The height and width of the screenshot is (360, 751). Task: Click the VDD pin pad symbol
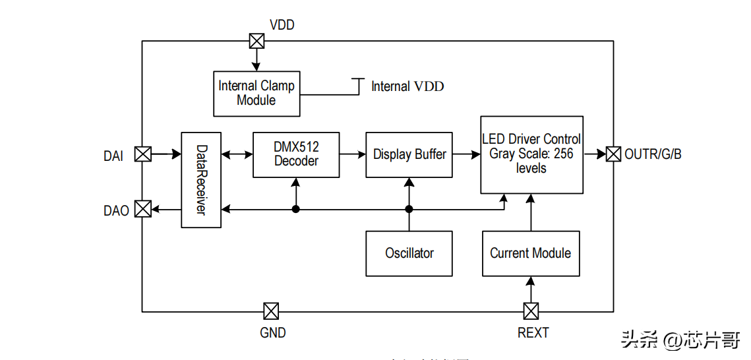(x=257, y=41)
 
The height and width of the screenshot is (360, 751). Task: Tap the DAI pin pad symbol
(x=142, y=154)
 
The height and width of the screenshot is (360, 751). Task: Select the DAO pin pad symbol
(x=142, y=209)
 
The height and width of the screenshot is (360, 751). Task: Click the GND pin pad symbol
(x=270, y=311)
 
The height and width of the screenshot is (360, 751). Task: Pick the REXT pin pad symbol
(x=531, y=311)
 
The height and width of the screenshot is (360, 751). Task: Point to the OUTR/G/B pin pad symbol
(x=613, y=154)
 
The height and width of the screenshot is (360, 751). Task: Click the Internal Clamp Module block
(x=256, y=93)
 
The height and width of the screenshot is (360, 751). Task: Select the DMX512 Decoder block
(x=296, y=154)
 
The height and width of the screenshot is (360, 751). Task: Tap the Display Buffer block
(x=409, y=154)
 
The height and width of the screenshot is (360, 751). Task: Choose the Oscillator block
(x=409, y=253)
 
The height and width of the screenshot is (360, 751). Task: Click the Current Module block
(x=531, y=253)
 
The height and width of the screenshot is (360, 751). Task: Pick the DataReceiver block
(x=200, y=180)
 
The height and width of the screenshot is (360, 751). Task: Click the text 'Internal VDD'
(x=407, y=86)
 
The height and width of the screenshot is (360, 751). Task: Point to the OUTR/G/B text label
(x=653, y=154)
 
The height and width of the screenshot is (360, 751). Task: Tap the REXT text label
(x=533, y=332)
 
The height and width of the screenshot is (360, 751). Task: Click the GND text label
(x=273, y=332)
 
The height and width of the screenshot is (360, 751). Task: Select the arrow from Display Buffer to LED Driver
(x=466, y=154)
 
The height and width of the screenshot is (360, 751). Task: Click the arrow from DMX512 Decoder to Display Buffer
(x=353, y=154)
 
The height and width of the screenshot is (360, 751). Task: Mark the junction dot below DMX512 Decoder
(x=296, y=209)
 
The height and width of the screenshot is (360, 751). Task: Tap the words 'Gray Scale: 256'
(x=531, y=154)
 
